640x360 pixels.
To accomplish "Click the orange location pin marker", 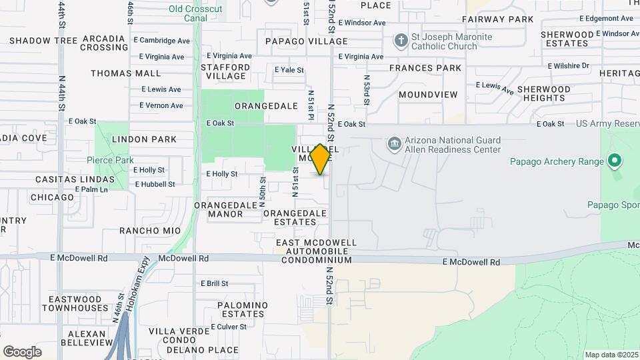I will coord(321,159).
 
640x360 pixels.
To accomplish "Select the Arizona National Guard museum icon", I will coord(394,144).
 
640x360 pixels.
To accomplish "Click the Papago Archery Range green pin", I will coord(615,161).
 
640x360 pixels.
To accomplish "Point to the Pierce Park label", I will coord(110,160).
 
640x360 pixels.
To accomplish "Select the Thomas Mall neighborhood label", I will coord(126,73).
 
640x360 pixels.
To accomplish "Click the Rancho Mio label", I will coord(150,231).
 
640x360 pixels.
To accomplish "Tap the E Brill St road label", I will coord(214,283).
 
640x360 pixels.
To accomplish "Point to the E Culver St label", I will coord(229,327).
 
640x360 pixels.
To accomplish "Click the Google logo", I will coord(22,352).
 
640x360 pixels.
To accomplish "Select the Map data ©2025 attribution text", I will coord(611,355).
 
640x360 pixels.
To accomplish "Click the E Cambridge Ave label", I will coord(163,41).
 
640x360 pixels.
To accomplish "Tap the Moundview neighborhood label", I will coord(428,95).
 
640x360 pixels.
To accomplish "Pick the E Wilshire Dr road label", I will coord(569,66).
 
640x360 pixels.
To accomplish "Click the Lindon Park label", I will coord(144,139).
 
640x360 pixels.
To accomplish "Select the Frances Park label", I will coord(425,68).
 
